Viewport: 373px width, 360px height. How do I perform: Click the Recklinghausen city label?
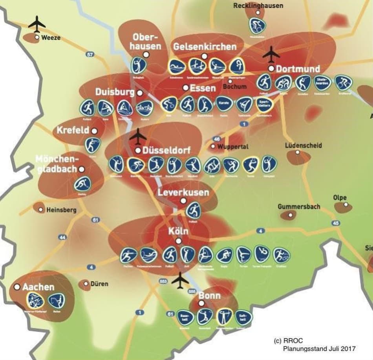coord(258,6)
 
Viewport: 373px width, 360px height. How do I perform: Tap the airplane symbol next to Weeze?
coord(37,24)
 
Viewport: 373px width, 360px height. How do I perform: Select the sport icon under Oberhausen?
coord(139,65)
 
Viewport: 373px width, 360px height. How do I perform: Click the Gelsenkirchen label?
coord(205,47)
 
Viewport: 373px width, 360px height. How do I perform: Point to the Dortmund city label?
coord(298,69)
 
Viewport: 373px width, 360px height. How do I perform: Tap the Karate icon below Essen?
coord(223,104)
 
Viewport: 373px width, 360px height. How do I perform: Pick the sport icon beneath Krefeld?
coord(93,145)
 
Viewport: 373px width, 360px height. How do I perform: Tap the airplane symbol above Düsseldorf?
coord(137,136)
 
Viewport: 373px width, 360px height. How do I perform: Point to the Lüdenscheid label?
coord(304,145)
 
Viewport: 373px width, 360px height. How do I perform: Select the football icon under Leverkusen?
coord(193,211)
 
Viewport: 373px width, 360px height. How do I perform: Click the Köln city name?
coord(179,231)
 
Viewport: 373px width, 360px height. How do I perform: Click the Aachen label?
coord(38,287)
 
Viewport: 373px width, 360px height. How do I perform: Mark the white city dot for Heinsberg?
coord(41,210)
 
